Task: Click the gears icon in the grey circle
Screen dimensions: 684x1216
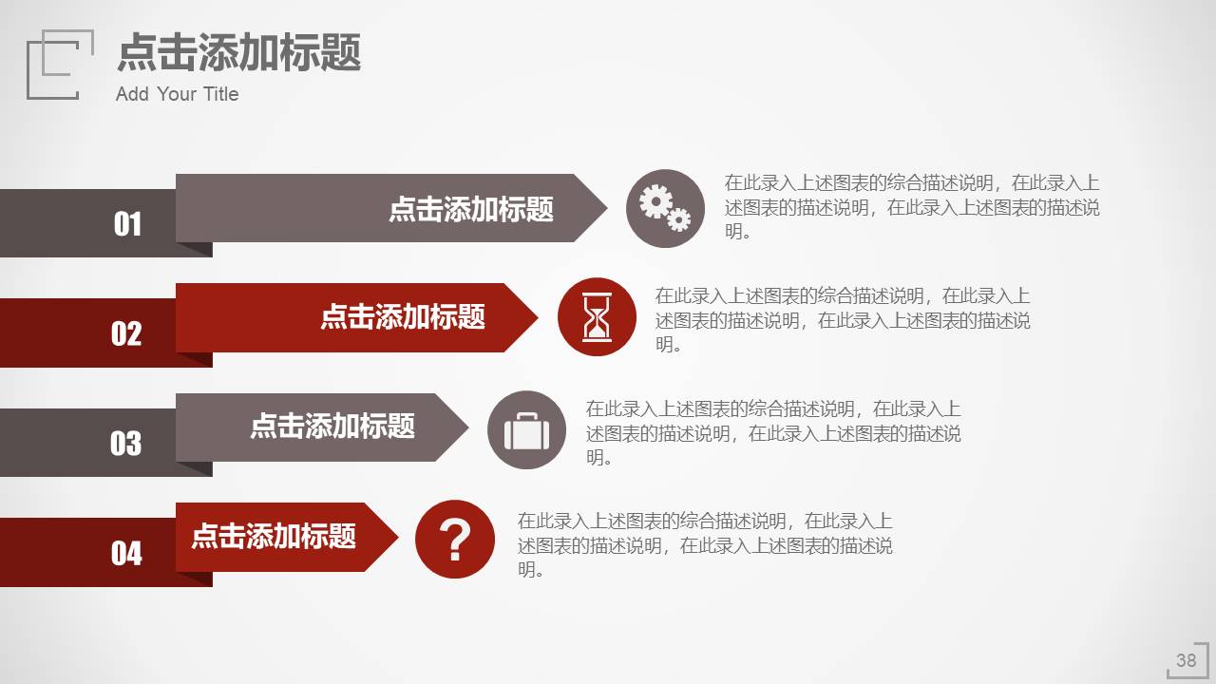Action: (x=665, y=208)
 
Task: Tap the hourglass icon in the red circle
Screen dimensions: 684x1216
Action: (x=597, y=317)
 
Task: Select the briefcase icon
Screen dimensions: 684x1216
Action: (x=526, y=430)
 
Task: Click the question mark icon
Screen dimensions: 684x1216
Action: (x=455, y=540)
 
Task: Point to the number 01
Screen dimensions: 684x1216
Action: (x=127, y=224)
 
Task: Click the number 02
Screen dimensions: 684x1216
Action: (x=126, y=333)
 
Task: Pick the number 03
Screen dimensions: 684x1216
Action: (x=125, y=444)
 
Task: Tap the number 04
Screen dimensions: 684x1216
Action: (x=126, y=553)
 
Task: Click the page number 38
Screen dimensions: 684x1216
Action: (x=1186, y=660)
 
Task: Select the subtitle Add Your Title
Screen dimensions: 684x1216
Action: (x=177, y=94)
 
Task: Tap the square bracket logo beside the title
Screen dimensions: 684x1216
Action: (x=60, y=64)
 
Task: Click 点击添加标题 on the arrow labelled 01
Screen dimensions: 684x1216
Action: (x=471, y=209)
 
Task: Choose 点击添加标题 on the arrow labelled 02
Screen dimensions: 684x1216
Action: (x=403, y=316)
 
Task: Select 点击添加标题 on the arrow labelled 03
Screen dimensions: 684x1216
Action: (x=332, y=426)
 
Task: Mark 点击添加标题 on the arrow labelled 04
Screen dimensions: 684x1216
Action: (x=274, y=536)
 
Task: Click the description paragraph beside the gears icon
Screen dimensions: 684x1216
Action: (x=912, y=207)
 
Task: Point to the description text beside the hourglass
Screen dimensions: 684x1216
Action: (x=842, y=320)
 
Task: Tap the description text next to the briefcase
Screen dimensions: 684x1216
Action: (x=772, y=433)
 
